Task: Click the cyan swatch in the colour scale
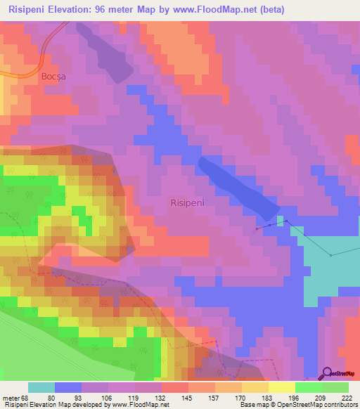[41, 387]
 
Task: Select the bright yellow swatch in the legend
[282, 387]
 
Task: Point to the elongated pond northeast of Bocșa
[105, 53]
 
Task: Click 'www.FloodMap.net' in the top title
[219, 9]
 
